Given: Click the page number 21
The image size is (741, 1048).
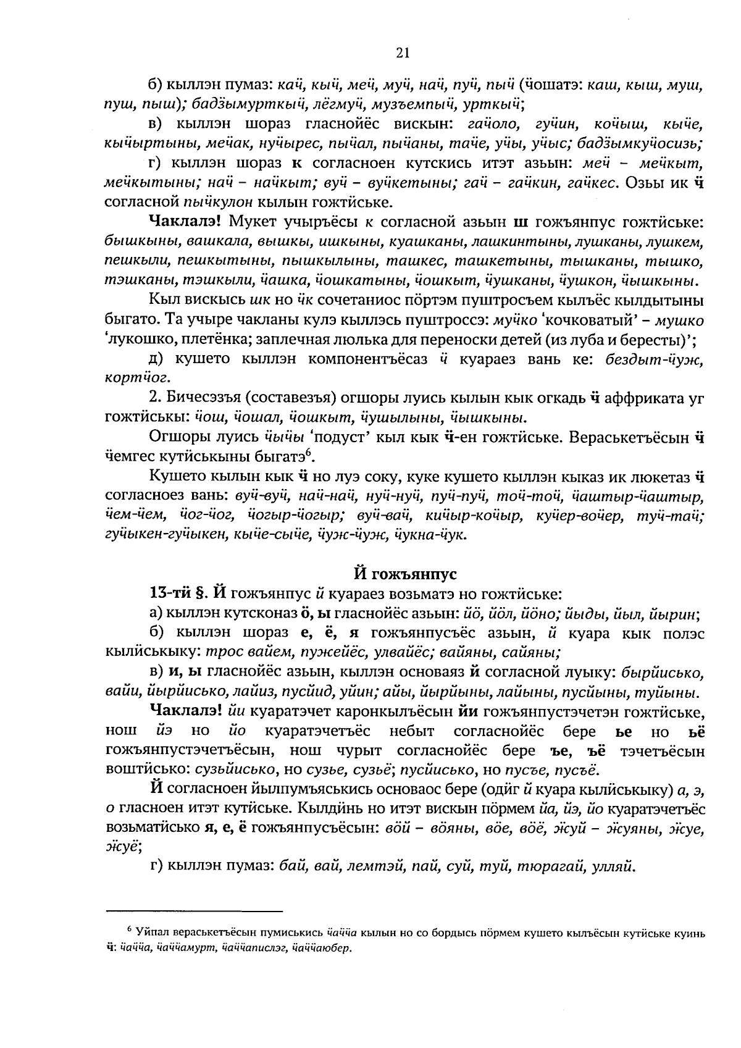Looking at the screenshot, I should click(402, 54).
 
